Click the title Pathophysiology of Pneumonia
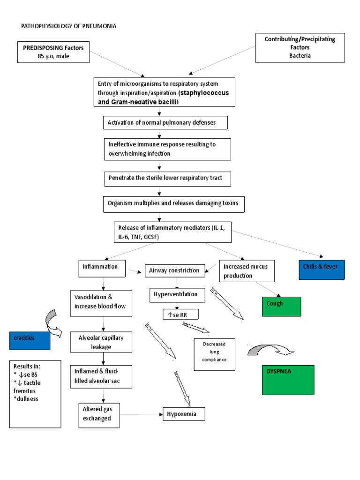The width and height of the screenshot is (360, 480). pyautogui.click(x=69, y=26)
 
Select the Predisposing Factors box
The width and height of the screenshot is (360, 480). pyautogui.click(x=53, y=52)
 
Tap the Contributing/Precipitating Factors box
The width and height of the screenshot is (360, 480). pyautogui.click(x=300, y=47)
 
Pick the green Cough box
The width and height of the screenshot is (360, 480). pyautogui.click(x=281, y=307)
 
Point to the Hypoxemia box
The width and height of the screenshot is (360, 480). pyautogui.click(x=183, y=414)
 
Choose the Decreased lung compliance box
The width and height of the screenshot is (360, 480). pyautogui.click(x=214, y=354)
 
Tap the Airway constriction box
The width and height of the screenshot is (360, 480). pyautogui.click(x=174, y=270)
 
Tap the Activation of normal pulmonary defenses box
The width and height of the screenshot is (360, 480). pyautogui.click(x=165, y=123)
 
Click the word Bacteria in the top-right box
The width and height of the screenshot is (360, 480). pyautogui.click(x=300, y=55)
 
